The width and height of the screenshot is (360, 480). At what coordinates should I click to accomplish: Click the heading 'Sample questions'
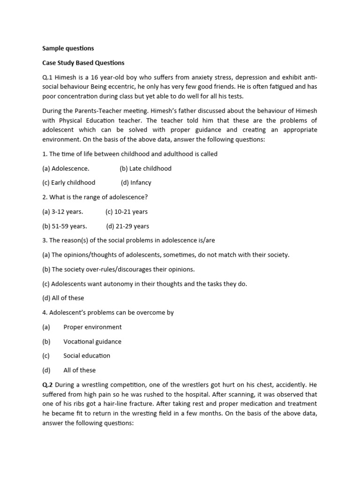click(x=68, y=48)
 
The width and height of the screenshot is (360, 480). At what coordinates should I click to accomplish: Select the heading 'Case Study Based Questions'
click(x=83, y=62)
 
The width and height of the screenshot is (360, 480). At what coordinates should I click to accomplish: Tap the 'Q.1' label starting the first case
click(x=48, y=77)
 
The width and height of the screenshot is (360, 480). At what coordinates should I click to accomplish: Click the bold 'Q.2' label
click(x=48, y=385)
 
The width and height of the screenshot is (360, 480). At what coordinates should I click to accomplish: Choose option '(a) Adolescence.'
click(x=66, y=168)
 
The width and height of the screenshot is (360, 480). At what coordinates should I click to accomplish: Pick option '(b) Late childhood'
click(x=145, y=168)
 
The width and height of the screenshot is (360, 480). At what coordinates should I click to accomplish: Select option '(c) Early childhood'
click(x=68, y=182)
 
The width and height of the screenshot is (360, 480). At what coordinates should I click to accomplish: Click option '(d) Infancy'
click(x=136, y=183)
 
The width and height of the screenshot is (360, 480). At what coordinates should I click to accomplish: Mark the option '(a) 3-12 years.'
click(x=62, y=211)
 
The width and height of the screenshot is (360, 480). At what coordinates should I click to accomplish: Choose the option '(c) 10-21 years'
click(x=127, y=211)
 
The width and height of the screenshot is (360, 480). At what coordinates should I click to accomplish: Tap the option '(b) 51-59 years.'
click(x=64, y=226)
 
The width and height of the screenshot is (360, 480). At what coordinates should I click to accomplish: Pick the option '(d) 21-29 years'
click(x=127, y=226)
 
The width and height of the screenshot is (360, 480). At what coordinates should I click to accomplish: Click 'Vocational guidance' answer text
click(x=92, y=341)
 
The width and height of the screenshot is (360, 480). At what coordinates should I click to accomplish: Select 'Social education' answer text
click(x=87, y=355)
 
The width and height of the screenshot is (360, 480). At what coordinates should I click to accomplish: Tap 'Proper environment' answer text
click(x=92, y=327)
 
